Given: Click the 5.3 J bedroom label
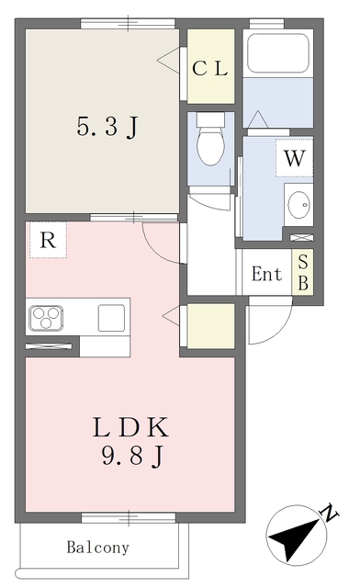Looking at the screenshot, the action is pyautogui.click(x=107, y=127).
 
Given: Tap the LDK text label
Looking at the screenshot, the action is pyautogui.click(x=130, y=427).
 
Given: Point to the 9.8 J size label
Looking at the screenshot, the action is pyautogui.click(x=132, y=457).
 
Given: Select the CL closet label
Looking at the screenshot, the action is pyautogui.click(x=210, y=68).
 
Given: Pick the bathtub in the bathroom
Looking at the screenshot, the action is pyautogui.click(x=278, y=53).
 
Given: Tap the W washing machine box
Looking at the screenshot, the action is pyautogui.click(x=295, y=158).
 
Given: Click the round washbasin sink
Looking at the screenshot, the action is pyautogui.click(x=299, y=205).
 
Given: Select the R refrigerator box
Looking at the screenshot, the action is pyautogui.click(x=48, y=240).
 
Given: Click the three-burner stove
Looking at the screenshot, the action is pyautogui.click(x=46, y=318).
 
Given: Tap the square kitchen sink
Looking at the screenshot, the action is pyautogui.click(x=111, y=318).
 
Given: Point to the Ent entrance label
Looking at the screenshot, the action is pyautogui.click(x=266, y=274).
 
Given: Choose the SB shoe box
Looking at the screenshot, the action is pyautogui.click(x=303, y=272).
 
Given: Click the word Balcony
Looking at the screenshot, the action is pyautogui.click(x=98, y=548).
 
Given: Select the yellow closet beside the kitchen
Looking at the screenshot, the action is pyautogui.click(x=210, y=325).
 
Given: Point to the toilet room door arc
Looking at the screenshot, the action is pyautogui.click(x=212, y=205).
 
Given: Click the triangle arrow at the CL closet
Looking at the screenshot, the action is pyautogui.click(x=168, y=60).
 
